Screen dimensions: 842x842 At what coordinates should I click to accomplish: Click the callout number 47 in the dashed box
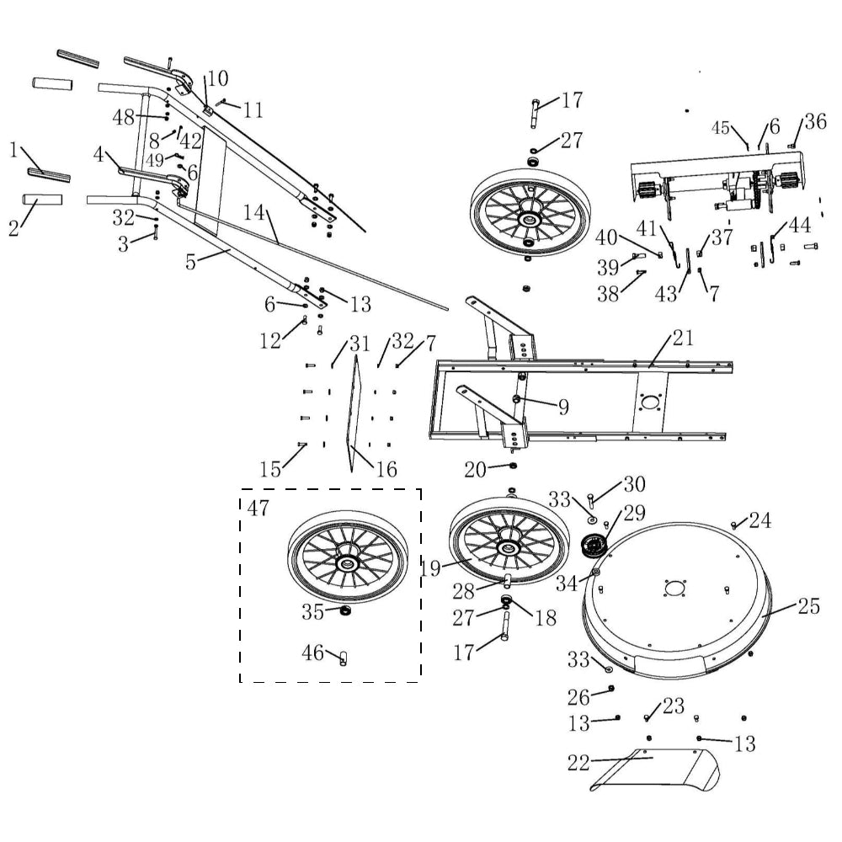(258, 508)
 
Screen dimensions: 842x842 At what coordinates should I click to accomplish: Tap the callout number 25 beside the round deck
(808, 607)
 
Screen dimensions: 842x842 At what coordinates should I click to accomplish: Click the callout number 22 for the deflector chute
(578, 763)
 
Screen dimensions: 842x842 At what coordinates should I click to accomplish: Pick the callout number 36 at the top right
(814, 121)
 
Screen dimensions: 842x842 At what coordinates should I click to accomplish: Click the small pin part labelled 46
(343, 658)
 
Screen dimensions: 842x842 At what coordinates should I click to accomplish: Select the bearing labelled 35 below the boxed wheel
(344, 609)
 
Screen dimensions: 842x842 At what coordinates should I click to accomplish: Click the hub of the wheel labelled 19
(508, 548)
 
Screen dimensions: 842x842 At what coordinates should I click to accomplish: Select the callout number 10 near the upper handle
(216, 79)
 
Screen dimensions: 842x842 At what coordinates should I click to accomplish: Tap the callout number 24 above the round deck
(759, 520)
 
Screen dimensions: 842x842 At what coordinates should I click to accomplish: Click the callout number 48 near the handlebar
(124, 118)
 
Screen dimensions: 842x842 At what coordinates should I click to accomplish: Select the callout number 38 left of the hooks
(607, 293)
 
